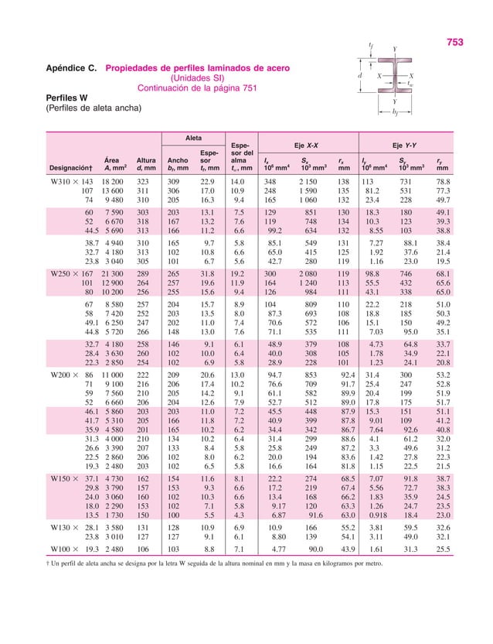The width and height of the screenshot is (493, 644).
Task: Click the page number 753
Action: pos(455,43)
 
